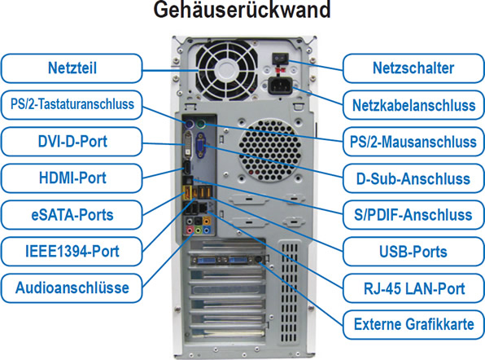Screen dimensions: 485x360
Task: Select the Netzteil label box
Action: [72, 68]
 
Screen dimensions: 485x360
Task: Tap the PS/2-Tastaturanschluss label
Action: [72, 104]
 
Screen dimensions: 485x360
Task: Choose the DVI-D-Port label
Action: [72, 142]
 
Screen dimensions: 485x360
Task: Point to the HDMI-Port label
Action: [72, 178]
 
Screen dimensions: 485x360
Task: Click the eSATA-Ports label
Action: [72, 215]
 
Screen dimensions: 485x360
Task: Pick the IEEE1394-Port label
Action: [72, 252]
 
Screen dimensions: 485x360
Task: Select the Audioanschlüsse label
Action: [72, 288]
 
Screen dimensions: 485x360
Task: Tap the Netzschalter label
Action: [413, 68]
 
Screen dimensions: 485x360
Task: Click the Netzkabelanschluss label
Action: [413, 105]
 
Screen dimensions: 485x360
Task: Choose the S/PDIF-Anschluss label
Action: [413, 215]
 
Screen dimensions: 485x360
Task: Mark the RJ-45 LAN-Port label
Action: [413, 288]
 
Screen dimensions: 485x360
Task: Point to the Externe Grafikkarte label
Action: [413, 325]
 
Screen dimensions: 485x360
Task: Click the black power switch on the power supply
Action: [280, 59]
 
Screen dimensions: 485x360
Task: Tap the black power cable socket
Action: [280, 86]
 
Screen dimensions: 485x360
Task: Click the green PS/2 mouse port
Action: [201, 125]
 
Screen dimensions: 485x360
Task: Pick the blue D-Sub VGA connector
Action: [201, 145]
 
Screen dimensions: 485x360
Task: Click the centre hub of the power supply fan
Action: [227, 71]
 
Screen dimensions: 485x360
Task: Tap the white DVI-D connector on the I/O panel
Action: [188, 145]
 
